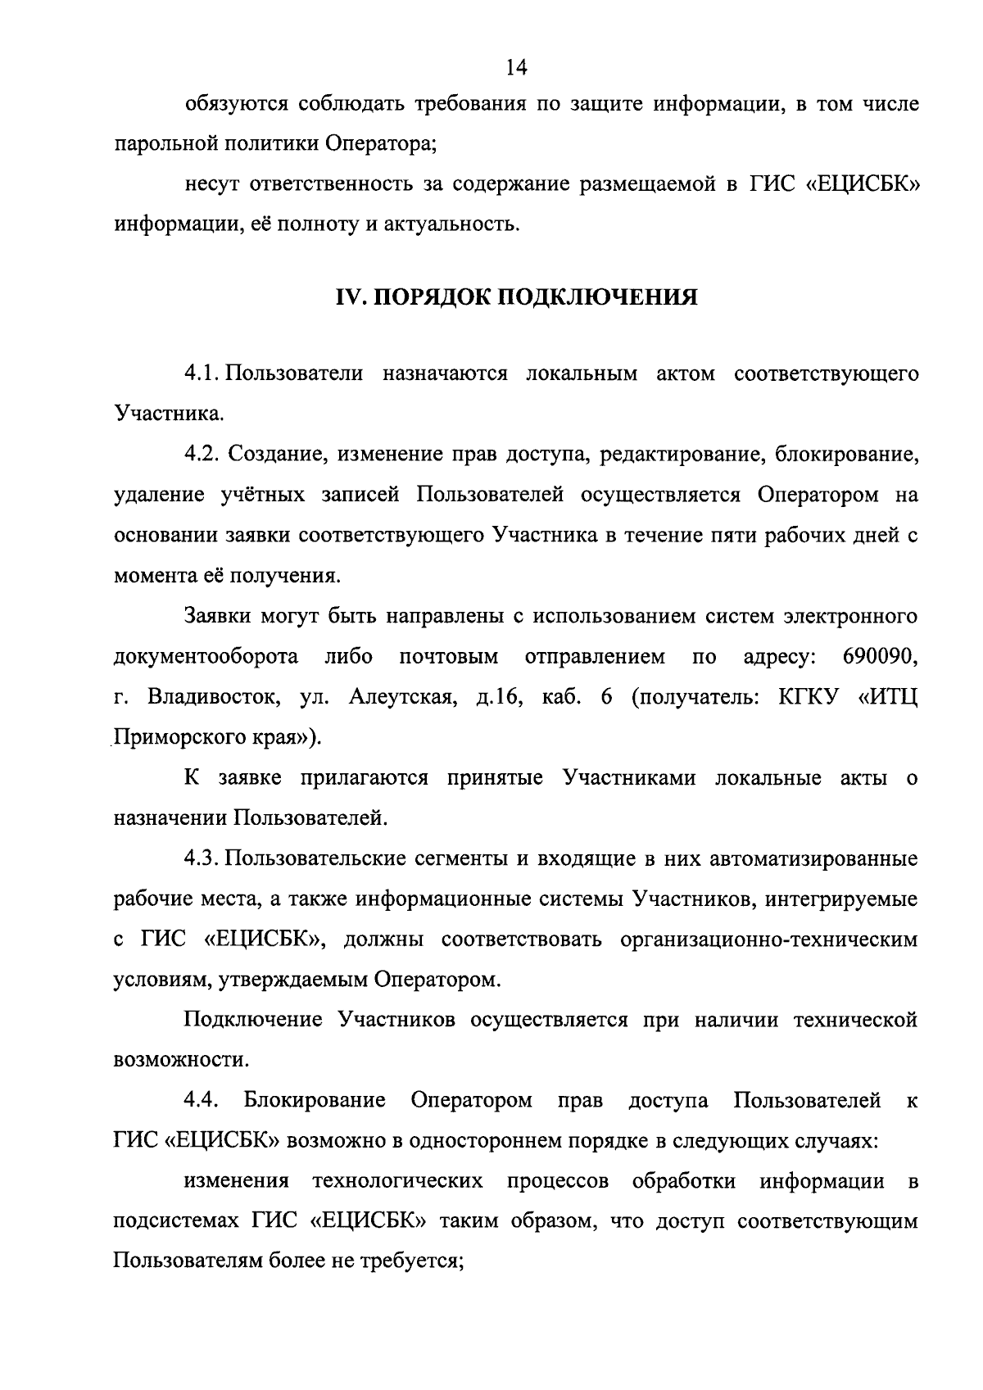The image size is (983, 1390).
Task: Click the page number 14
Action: pyautogui.click(x=515, y=67)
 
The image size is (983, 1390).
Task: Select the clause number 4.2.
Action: pyautogui.click(x=203, y=455)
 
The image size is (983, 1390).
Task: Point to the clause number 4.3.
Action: pyautogui.click(x=203, y=859)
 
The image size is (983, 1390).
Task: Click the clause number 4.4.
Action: pyautogui.click(x=200, y=1100)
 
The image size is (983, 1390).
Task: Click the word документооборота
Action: pyautogui.click(x=206, y=657)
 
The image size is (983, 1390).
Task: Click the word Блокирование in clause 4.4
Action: pyautogui.click(x=315, y=1100)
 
